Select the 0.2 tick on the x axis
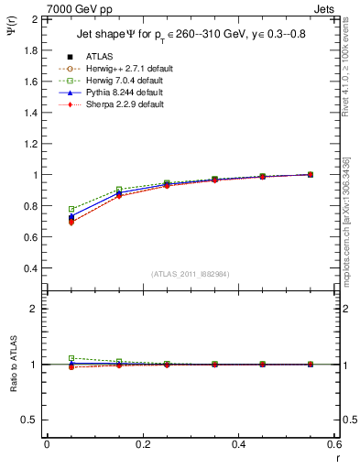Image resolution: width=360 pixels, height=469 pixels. click(x=142, y=444)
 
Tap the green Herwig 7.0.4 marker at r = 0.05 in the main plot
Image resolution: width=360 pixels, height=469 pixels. click(x=71, y=210)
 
